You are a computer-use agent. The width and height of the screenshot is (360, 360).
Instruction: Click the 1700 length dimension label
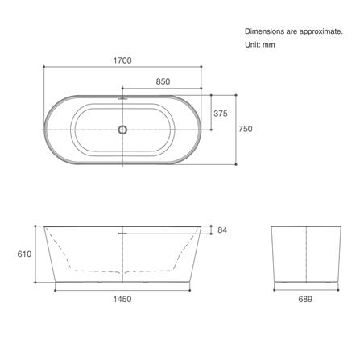coord(122,60)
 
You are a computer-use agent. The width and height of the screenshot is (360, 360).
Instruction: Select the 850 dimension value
coord(163,81)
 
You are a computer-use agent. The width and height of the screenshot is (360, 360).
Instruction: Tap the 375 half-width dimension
coord(221,114)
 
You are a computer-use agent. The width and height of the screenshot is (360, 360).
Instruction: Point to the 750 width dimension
coord(246,129)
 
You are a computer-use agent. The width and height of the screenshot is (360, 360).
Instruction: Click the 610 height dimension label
coord(24,254)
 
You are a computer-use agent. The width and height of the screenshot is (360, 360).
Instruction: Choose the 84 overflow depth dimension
coord(222,230)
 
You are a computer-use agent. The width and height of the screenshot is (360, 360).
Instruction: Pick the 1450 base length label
coord(122,299)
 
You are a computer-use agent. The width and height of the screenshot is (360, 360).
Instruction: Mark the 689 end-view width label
coord(305,299)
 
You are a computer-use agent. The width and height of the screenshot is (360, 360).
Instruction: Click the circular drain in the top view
coord(122,130)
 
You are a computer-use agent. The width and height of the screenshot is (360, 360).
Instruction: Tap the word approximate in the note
coord(321,31)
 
